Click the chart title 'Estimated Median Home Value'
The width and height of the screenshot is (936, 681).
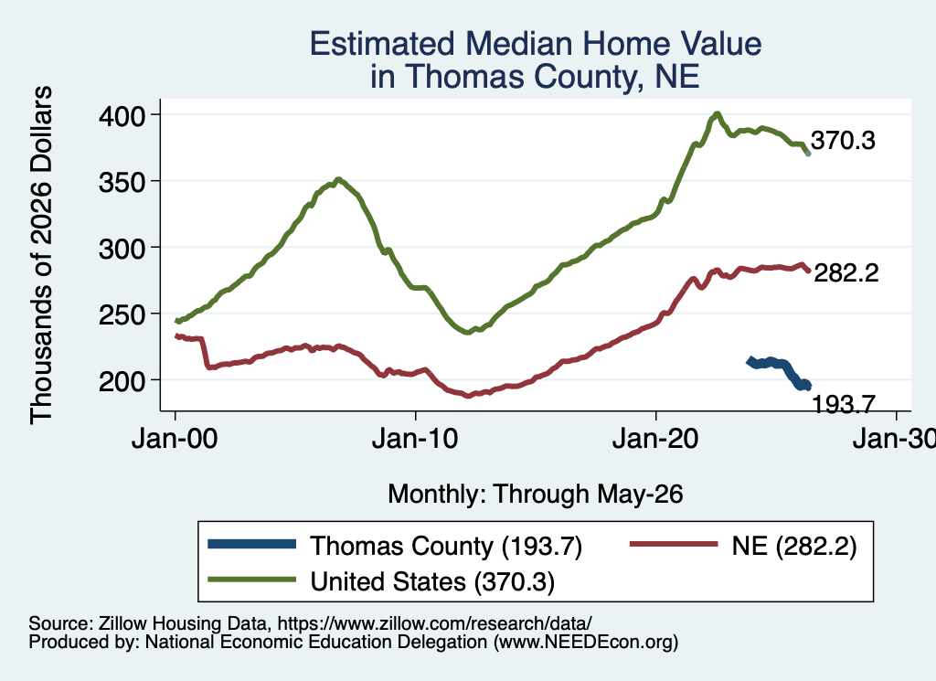536,44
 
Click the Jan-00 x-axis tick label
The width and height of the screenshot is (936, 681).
175,440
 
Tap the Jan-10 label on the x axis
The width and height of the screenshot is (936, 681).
415,440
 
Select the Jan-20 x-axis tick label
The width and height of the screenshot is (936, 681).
655,440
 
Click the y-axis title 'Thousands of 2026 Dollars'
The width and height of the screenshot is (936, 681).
41,255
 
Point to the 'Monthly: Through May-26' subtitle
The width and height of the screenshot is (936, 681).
536,495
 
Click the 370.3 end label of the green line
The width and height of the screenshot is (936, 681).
843,140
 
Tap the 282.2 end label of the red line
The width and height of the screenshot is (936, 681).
846,272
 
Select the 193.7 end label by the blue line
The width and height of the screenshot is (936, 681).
844,405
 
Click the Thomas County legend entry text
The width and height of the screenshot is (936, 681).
446,546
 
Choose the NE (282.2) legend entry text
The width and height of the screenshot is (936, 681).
794,546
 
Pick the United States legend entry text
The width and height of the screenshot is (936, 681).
432,582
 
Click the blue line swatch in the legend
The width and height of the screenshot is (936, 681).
252,544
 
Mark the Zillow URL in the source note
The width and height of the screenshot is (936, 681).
434,623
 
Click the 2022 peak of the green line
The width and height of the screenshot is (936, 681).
717,113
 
